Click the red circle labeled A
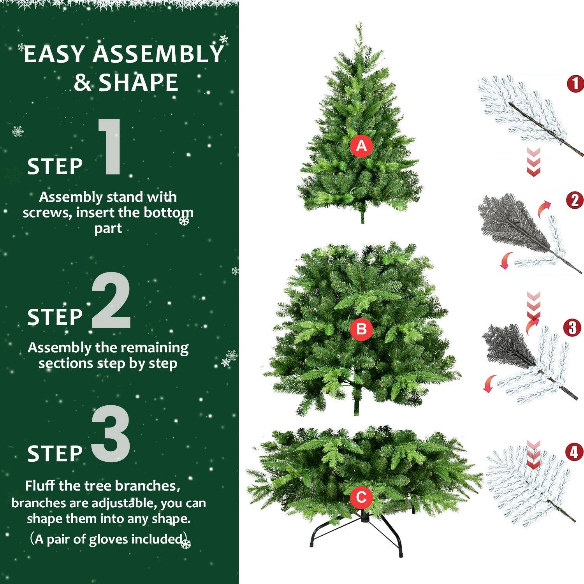[361, 146]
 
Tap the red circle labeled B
[361, 329]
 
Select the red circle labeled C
[361, 497]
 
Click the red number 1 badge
[575, 84]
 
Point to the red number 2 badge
[575, 201]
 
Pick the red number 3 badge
[572, 328]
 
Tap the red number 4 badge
[574, 452]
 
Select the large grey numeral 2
[111, 301]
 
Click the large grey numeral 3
[111, 434]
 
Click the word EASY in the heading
[55, 54]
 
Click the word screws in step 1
[47, 213]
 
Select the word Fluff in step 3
[40, 486]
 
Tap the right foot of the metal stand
[401, 553]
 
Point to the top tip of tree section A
[359, 24]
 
